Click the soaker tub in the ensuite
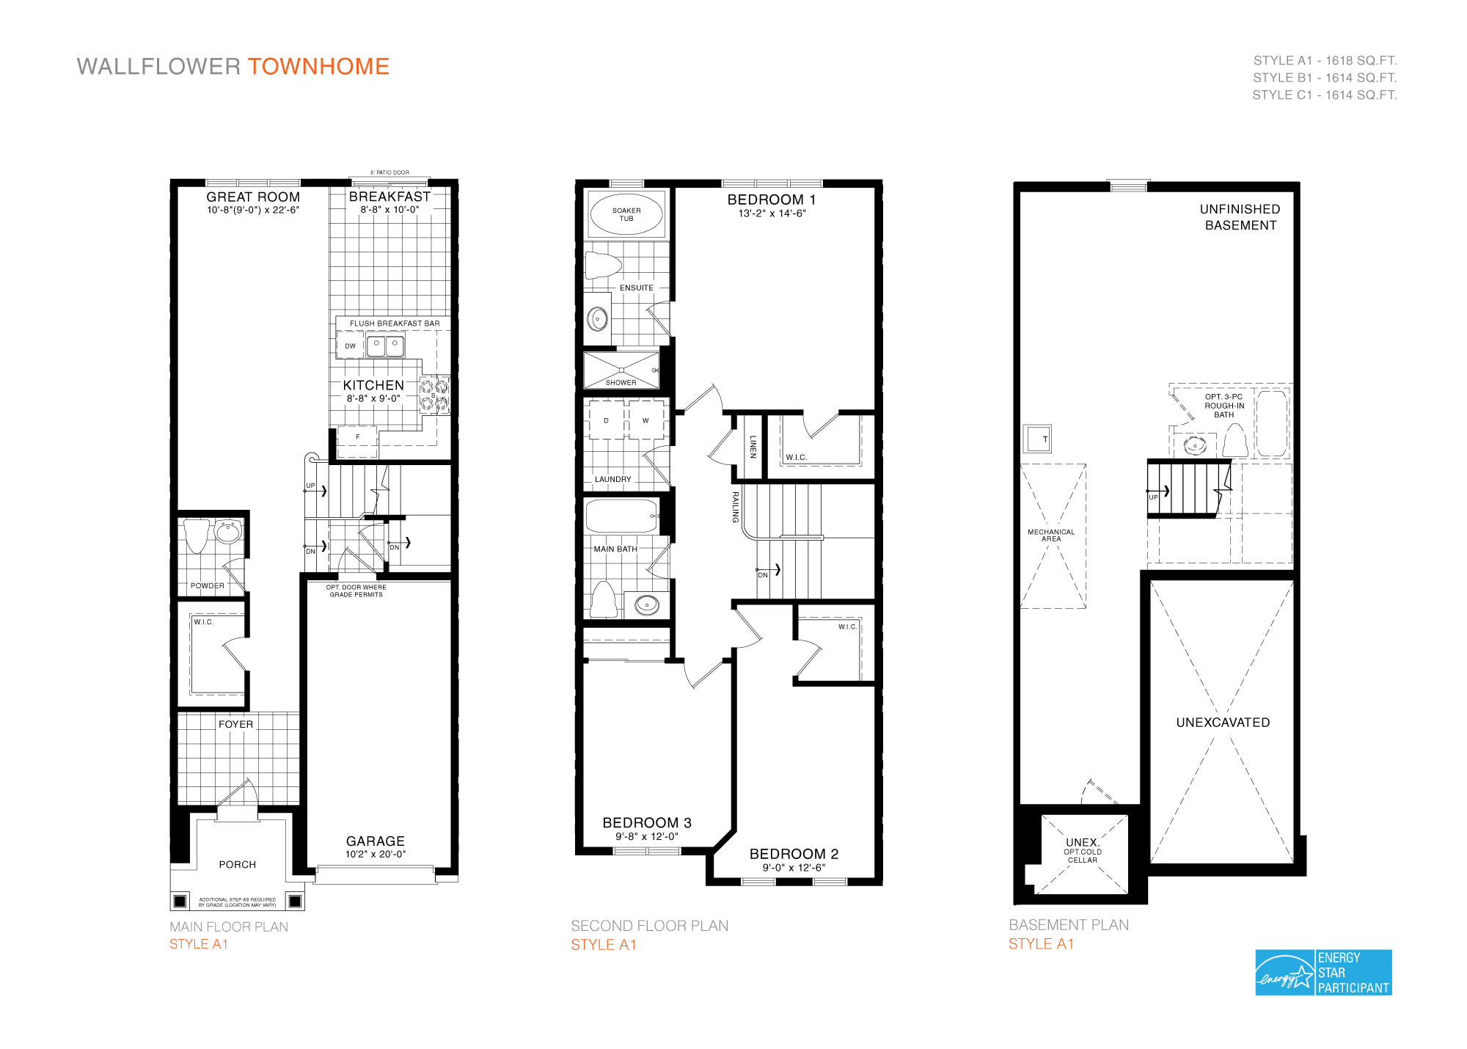point(626,214)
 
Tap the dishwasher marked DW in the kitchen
point(350,346)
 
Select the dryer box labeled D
point(606,420)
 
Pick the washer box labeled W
point(645,420)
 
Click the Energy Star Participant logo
point(1323,972)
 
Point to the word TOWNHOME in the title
point(318,67)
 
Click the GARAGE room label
point(375,841)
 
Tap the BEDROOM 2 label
point(794,854)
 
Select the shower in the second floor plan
point(621,370)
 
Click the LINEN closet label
point(753,447)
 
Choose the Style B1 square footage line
point(1324,78)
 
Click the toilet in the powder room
point(197,535)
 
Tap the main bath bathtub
point(621,516)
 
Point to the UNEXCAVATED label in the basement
point(1223,723)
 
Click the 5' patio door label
point(389,173)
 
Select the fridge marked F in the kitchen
point(358,437)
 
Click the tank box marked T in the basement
point(1038,439)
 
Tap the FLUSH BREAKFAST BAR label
point(395,324)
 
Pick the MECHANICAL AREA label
point(1051,536)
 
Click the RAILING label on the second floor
point(735,507)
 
